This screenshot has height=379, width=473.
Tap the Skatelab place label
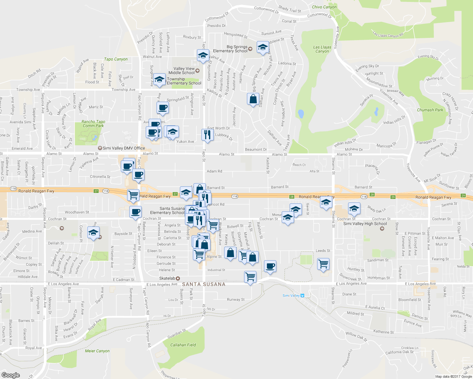click(167, 278)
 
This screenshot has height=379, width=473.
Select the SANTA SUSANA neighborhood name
click(204, 284)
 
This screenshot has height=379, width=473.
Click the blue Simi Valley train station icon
click(302, 296)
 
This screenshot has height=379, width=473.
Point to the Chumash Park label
click(430, 110)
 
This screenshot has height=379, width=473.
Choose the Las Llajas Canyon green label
click(322, 49)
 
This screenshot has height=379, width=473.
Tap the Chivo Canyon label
click(324, 7)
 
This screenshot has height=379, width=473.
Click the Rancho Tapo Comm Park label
click(93, 123)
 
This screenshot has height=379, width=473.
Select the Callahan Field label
click(183, 345)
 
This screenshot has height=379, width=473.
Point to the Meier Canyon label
click(97, 351)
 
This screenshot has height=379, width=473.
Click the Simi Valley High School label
click(365, 224)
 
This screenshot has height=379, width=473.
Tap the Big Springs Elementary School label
click(230, 49)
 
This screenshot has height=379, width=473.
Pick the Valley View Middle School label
click(184, 70)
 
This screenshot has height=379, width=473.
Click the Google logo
click(11, 375)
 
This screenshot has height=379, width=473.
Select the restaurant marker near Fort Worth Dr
click(207, 135)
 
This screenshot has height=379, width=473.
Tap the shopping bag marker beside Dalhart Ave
click(253, 99)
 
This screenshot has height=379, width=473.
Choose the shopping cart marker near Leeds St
click(323, 263)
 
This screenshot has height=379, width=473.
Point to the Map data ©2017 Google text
click(453, 376)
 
